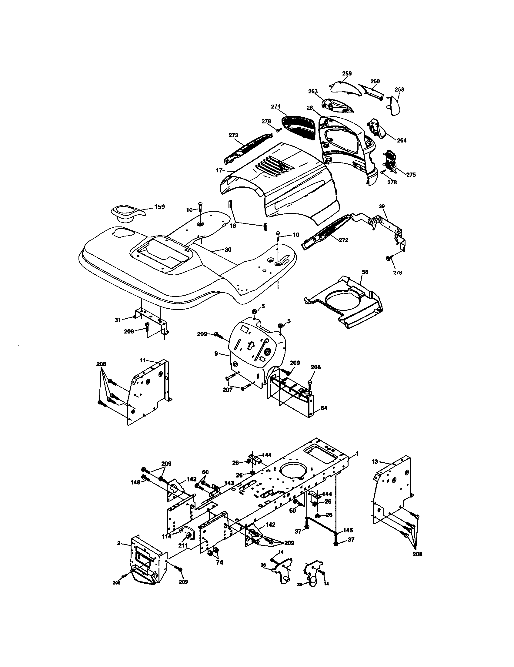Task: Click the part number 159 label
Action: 159,207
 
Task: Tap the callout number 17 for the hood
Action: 219,171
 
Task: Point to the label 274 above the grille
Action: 275,107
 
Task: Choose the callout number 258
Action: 399,89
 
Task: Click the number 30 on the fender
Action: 228,250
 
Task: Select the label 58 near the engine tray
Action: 365,272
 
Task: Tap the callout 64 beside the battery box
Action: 324,408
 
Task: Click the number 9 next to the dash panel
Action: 216,353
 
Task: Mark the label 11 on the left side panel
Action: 142,360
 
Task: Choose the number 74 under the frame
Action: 219,562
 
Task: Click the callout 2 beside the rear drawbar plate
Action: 118,543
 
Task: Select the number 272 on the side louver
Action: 343,240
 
